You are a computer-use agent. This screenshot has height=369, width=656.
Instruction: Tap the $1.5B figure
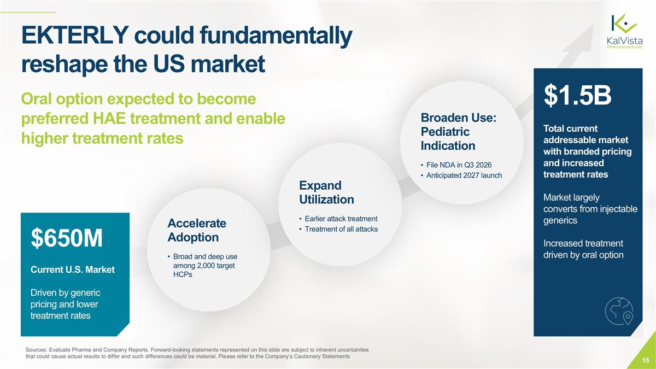click(x=577, y=97)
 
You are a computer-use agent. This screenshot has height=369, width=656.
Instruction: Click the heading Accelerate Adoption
click(x=197, y=230)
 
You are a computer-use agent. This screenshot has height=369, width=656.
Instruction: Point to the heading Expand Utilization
click(x=326, y=192)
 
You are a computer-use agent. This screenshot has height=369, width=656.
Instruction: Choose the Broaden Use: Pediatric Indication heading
click(x=458, y=132)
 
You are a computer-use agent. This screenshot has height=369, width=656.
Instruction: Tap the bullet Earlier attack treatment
click(x=338, y=219)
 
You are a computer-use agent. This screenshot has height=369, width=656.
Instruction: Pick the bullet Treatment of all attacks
click(x=338, y=229)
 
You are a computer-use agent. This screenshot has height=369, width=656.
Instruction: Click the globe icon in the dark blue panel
click(x=619, y=312)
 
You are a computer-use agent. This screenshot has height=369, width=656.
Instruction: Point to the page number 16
click(x=645, y=360)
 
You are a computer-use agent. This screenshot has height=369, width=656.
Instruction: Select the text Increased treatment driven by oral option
click(x=583, y=249)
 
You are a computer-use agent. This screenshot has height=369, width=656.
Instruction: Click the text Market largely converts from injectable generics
click(x=590, y=209)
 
